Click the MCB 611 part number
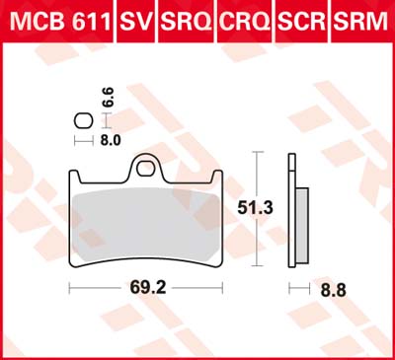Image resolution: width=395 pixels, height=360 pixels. pyautogui.click(x=59, y=22)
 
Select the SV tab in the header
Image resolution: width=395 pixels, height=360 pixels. pyautogui.click(x=136, y=22)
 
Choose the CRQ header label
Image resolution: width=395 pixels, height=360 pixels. pyautogui.click(x=246, y=22)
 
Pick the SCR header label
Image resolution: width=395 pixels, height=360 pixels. pyautogui.click(x=301, y=22)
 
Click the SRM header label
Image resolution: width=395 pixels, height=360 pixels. pyautogui.click(x=360, y=22)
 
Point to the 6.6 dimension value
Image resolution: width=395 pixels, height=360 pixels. pyautogui.click(x=109, y=97)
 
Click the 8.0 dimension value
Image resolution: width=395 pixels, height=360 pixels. pyautogui.click(x=111, y=141)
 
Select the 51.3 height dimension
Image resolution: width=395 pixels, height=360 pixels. pyautogui.click(x=256, y=208)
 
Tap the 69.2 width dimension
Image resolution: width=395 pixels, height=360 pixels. pyautogui.click(x=148, y=288)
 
